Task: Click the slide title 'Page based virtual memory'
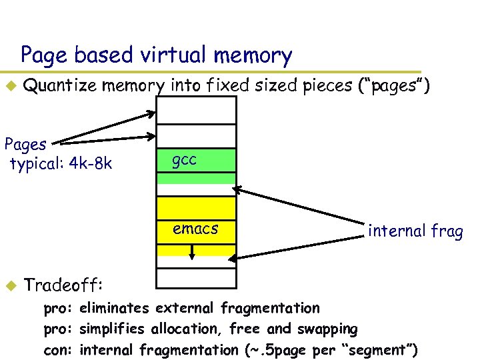pos(156,55)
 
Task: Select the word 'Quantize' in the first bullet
pos(59,85)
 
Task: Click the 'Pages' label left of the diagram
pos(25,143)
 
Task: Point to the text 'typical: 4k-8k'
pos(61,163)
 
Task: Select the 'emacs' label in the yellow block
pos(195,229)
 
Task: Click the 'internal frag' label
pos(415,231)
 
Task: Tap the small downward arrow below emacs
pos(192,253)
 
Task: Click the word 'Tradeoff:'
pos(64,285)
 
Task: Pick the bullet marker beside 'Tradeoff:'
pos(10,285)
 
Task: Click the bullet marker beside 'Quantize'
pos(10,85)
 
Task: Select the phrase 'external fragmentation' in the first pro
pos(238,308)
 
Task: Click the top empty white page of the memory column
pos(196,110)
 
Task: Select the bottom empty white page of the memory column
pos(196,277)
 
